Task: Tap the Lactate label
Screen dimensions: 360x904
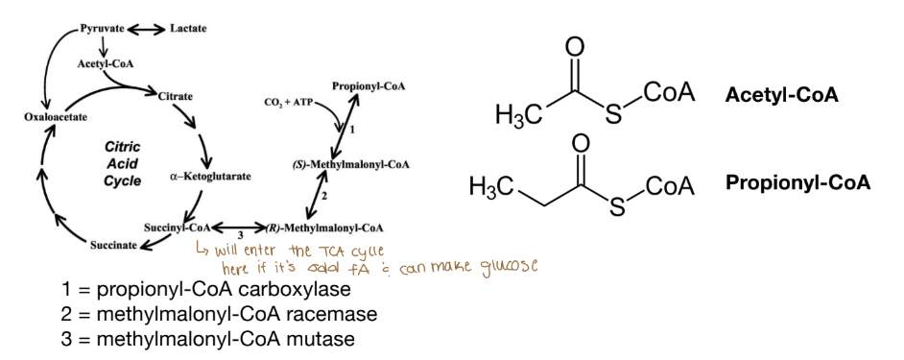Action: click(188, 29)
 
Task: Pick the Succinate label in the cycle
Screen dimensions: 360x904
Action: click(113, 246)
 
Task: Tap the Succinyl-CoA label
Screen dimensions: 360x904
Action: click(178, 228)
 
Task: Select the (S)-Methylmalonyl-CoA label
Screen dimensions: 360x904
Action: click(351, 164)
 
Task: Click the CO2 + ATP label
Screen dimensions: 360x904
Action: click(290, 101)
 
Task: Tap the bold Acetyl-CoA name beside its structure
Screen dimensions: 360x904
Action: click(782, 95)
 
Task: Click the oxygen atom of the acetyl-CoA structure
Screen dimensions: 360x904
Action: click(575, 47)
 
